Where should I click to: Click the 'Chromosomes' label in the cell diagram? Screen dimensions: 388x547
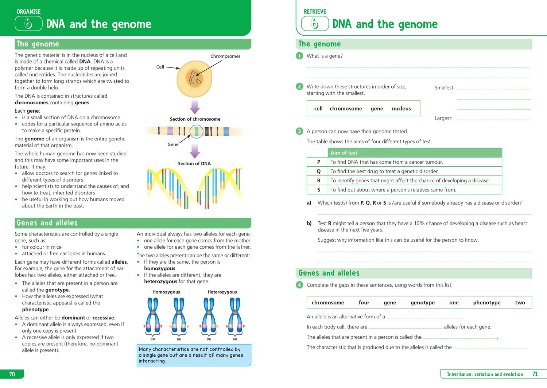225,56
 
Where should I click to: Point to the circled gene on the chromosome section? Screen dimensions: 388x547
197,131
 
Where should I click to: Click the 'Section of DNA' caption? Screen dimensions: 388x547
194,163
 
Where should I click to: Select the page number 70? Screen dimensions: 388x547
12,374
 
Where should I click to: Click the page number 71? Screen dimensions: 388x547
535,374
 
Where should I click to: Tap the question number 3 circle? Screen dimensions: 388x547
299,131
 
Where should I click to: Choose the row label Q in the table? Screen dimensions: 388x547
318,171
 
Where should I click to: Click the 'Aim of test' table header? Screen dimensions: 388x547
344,153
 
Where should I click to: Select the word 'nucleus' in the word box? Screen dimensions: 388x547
401,108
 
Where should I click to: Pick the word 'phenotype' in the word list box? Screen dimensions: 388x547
486,302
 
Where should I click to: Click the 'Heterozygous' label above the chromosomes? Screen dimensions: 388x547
222,292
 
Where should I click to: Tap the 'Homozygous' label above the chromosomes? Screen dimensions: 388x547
166,292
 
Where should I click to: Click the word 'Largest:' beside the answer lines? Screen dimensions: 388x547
443,118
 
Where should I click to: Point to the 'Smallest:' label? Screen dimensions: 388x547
445,88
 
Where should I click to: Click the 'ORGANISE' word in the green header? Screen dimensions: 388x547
28,12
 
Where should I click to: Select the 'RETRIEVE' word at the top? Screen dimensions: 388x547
315,12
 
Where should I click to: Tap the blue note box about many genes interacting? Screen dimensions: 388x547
194,355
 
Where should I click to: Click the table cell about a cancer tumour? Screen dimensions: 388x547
387,162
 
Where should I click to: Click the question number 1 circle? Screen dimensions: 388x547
299,56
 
